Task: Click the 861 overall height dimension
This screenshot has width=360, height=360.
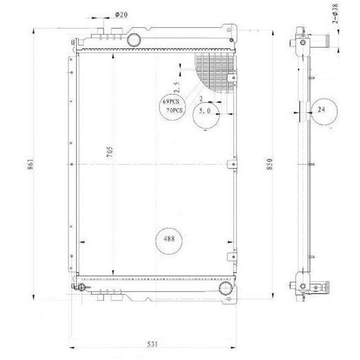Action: [30, 164]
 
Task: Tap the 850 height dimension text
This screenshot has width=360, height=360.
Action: [269, 164]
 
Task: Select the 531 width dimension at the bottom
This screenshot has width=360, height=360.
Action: [152, 344]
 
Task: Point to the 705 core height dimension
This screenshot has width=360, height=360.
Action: [109, 152]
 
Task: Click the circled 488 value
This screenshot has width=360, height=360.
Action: [169, 239]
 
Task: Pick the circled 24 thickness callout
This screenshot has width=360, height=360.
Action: [321, 109]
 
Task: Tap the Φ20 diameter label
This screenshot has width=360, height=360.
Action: [121, 14]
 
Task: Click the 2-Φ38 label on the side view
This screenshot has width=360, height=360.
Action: [335, 14]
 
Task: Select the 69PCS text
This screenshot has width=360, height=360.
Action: [171, 101]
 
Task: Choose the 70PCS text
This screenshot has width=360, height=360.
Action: [174, 110]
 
